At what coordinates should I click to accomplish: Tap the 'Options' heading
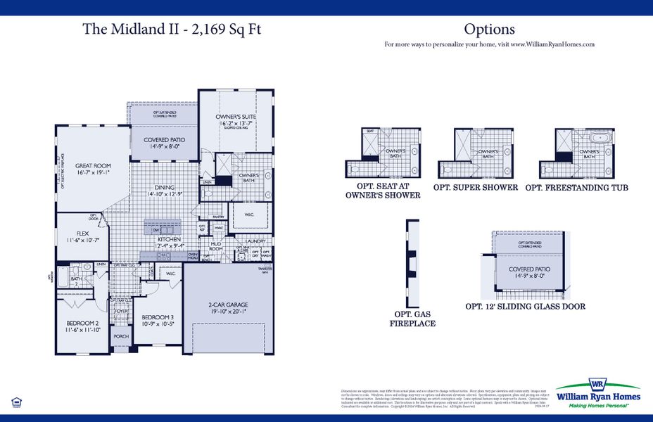489,30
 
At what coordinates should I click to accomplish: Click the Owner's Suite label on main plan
236,119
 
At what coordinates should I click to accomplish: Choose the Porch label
120,336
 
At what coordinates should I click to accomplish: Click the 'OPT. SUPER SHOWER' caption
476,188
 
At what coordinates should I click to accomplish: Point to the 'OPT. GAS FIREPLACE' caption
412,319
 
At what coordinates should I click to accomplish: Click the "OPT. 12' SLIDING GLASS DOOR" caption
525,307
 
